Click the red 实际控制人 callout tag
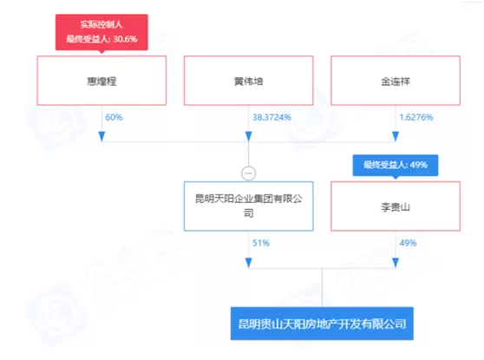tap(101, 32)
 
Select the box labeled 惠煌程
tap(101, 81)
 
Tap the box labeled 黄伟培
tap(248, 81)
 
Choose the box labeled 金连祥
tap(396, 81)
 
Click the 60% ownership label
tap(114, 117)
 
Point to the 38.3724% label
tap(271, 117)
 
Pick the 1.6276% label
tap(416, 117)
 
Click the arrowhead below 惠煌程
tap(101, 136)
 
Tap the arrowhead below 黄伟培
tap(248, 136)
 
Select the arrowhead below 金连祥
tap(396, 136)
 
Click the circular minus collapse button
tap(248, 173)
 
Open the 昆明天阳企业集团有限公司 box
tap(248, 206)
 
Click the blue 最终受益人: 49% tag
tap(396, 166)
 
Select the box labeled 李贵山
tap(396, 206)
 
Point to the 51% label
tap(261, 243)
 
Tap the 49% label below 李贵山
tap(408, 243)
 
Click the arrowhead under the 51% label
tap(248, 263)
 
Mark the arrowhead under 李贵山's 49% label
tap(396, 263)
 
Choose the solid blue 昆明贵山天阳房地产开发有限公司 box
tap(322, 324)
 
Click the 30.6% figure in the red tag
tap(125, 39)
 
